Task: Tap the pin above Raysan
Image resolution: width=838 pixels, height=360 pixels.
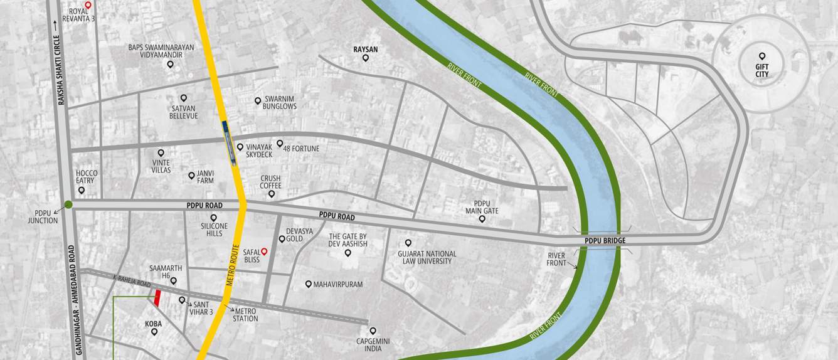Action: click(366, 58)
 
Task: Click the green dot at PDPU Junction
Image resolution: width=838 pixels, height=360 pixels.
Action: click(68, 204)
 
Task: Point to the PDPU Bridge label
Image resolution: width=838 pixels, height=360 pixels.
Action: click(605, 240)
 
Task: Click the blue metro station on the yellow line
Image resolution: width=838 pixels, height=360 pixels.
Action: click(230, 143)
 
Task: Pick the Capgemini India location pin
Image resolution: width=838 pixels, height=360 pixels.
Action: click(373, 331)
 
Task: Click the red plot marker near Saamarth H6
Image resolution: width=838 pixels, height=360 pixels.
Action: click(157, 298)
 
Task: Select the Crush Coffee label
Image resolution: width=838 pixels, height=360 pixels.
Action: click(271, 183)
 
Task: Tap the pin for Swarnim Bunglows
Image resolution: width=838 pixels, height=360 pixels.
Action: click(257, 100)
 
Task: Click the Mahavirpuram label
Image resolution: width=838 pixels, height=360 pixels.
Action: click(338, 284)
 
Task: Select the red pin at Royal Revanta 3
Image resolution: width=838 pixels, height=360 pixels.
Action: click(88, 4)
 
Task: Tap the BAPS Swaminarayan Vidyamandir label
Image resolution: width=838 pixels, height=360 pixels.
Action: click(161, 51)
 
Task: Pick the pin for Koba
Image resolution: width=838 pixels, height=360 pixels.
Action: click(154, 332)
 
